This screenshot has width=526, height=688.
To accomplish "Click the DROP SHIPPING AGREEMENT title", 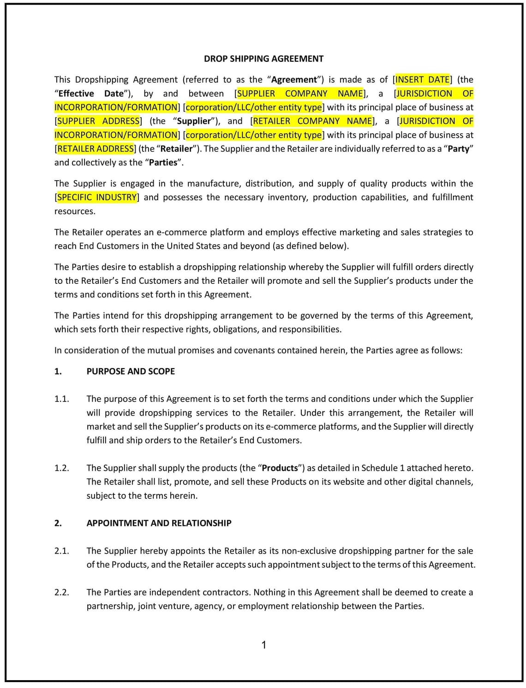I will pos(263,59).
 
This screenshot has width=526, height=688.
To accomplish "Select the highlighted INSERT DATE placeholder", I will pos(423,79).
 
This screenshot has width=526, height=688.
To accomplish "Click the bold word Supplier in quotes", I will pos(194,121).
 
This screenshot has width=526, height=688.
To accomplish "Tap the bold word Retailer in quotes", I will pos(176,148).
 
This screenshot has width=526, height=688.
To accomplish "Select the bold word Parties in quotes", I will pos(163,162).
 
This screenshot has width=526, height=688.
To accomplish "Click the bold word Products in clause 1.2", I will pos(280,468).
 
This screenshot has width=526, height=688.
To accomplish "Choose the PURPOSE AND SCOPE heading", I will pos(131,371).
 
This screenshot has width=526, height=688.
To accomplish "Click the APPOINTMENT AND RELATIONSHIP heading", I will pos(159,523).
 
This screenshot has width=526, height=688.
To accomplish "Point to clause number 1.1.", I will pos(61,399).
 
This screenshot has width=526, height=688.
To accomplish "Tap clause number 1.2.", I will pos(61,468).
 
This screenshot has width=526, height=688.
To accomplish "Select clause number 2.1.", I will pos(61,551).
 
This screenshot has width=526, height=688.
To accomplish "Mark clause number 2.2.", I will pos(61,592).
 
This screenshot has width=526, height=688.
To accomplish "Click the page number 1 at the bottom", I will pos(264,645).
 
